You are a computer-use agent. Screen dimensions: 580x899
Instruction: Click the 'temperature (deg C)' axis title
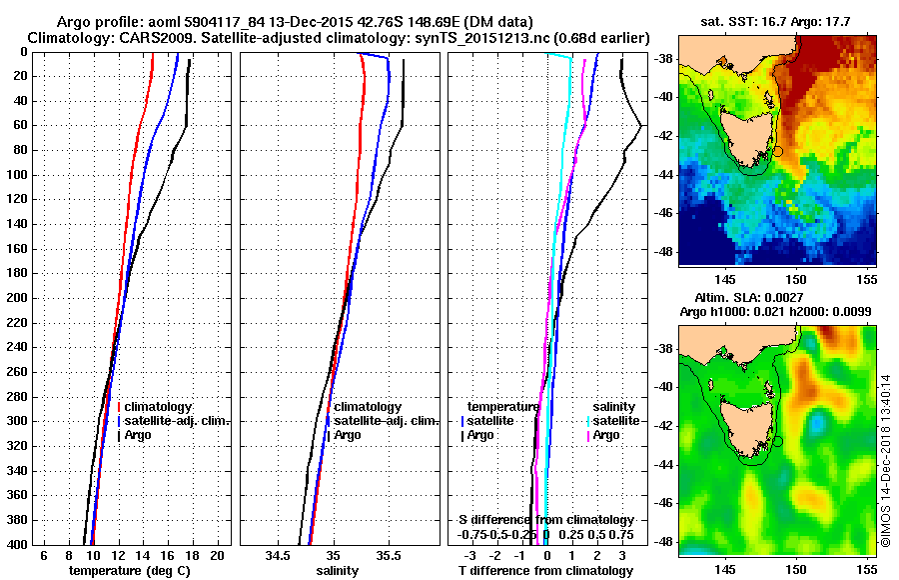129,570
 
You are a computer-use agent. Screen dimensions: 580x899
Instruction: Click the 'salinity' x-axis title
339,570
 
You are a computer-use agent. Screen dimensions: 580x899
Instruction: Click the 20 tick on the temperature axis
215,554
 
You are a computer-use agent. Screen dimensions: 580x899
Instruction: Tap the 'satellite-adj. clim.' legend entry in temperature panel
177,421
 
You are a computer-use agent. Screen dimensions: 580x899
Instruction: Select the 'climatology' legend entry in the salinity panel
368,407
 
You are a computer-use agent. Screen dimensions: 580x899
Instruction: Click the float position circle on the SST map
778,151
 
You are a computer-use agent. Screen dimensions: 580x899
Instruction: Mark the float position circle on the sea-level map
778,441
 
